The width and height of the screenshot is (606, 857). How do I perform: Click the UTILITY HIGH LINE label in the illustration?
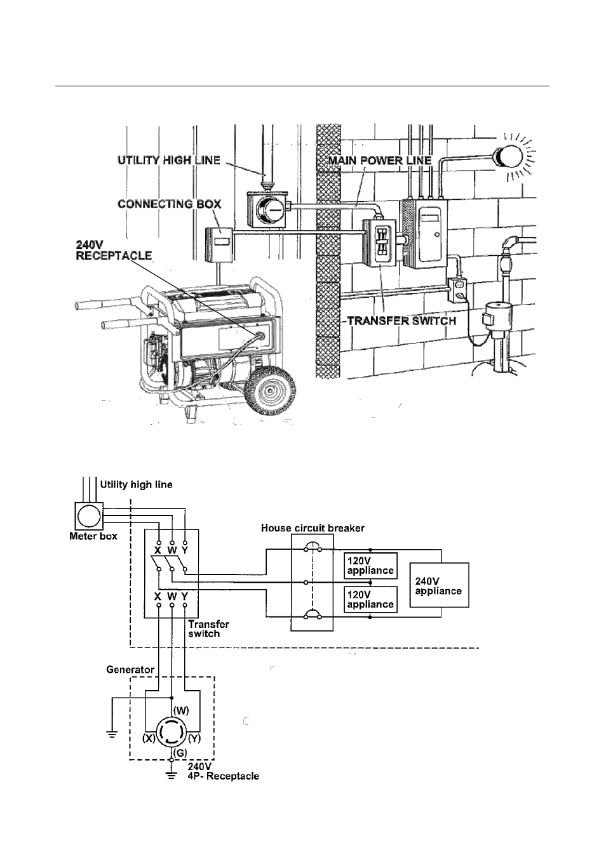pyautogui.click(x=169, y=160)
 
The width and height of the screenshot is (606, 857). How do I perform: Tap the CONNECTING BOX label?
pyautogui.click(x=169, y=204)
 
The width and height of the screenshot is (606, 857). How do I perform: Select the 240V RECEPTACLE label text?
pyautogui.click(x=114, y=250)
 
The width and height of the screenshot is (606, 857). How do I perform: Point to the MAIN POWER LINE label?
pyautogui.click(x=380, y=161)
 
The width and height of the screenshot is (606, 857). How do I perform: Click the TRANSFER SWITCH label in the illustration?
pyautogui.click(x=401, y=321)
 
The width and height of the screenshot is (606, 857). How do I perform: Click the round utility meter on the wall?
pyautogui.click(x=271, y=210)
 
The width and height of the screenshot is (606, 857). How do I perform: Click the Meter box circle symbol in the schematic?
pyautogui.click(x=89, y=516)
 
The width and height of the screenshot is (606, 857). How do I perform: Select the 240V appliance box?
pyautogui.click(x=439, y=585)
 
